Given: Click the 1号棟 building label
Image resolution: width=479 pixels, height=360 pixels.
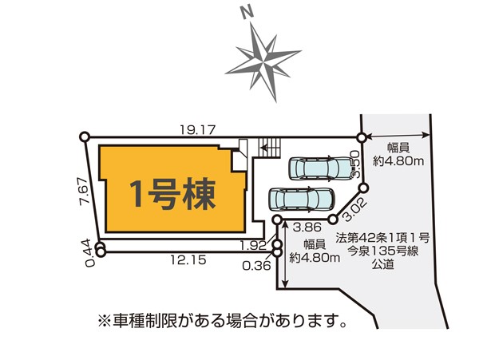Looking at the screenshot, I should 171,192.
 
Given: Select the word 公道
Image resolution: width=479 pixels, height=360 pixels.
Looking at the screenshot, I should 382,265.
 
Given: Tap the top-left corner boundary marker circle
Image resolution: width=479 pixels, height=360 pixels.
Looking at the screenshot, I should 85,137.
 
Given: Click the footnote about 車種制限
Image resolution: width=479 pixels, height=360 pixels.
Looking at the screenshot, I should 222,322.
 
